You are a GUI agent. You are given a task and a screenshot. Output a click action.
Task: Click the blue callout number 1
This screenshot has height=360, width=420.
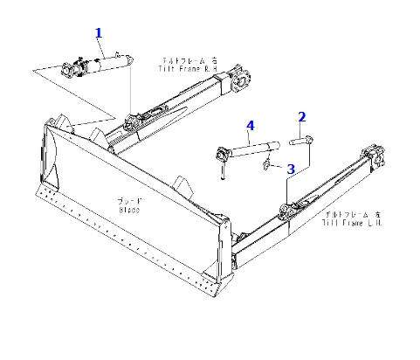pyautogui.click(x=99, y=32)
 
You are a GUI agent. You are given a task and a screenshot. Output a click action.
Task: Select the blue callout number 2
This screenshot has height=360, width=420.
pyautogui.click(x=302, y=116)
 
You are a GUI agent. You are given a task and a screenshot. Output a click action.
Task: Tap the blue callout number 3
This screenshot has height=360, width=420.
pyautogui.click(x=291, y=168)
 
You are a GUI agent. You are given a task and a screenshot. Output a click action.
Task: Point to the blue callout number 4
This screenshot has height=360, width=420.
pyautogui.click(x=251, y=126)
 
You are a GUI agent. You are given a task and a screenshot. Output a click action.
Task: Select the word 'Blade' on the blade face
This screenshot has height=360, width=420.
pyautogui.click(x=130, y=209)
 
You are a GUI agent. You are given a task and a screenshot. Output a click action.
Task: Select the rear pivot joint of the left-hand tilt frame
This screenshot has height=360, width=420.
pyautogui.click(x=378, y=162)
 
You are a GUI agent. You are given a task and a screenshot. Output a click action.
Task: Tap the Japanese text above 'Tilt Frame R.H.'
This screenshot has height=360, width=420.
pyautogui.click(x=184, y=60)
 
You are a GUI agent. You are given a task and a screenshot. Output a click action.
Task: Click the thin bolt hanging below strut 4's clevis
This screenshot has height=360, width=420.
pyautogui.click(x=224, y=171)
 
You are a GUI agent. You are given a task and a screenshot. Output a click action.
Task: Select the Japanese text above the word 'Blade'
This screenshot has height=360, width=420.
pyautogui.click(x=130, y=200)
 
